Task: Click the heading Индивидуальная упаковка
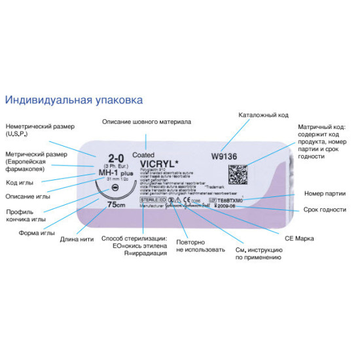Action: pyautogui.click(x=73, y=100)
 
